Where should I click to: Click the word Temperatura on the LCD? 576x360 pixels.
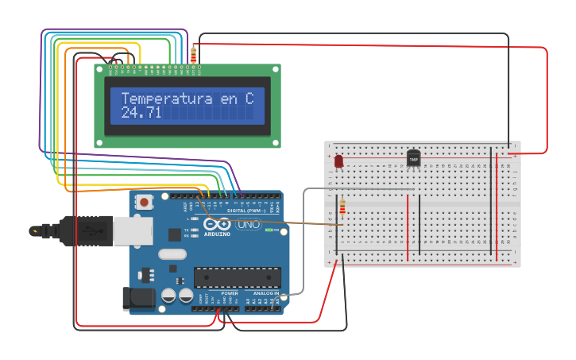coord(167,99)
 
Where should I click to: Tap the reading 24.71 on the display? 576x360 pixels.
coord(141,114)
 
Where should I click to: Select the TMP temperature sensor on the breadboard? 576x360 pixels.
coord(413,158)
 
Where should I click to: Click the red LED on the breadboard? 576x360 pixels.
coord(338,161)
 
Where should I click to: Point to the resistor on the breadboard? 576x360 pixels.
coord(342,208)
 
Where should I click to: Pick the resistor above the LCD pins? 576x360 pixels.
coord(194,55)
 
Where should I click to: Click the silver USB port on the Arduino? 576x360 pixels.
coord(132,230)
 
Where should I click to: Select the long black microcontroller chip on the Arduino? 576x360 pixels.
coord(238,277)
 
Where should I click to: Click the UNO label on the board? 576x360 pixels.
coord(249,225)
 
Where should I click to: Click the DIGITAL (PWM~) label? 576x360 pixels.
coord(247,211)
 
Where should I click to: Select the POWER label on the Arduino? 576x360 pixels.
coord(230,293)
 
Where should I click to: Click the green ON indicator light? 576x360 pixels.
coord(269,230)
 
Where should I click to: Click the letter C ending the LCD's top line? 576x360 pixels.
coord(249,99)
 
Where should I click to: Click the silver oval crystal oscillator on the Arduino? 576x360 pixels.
coord(172,255)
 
